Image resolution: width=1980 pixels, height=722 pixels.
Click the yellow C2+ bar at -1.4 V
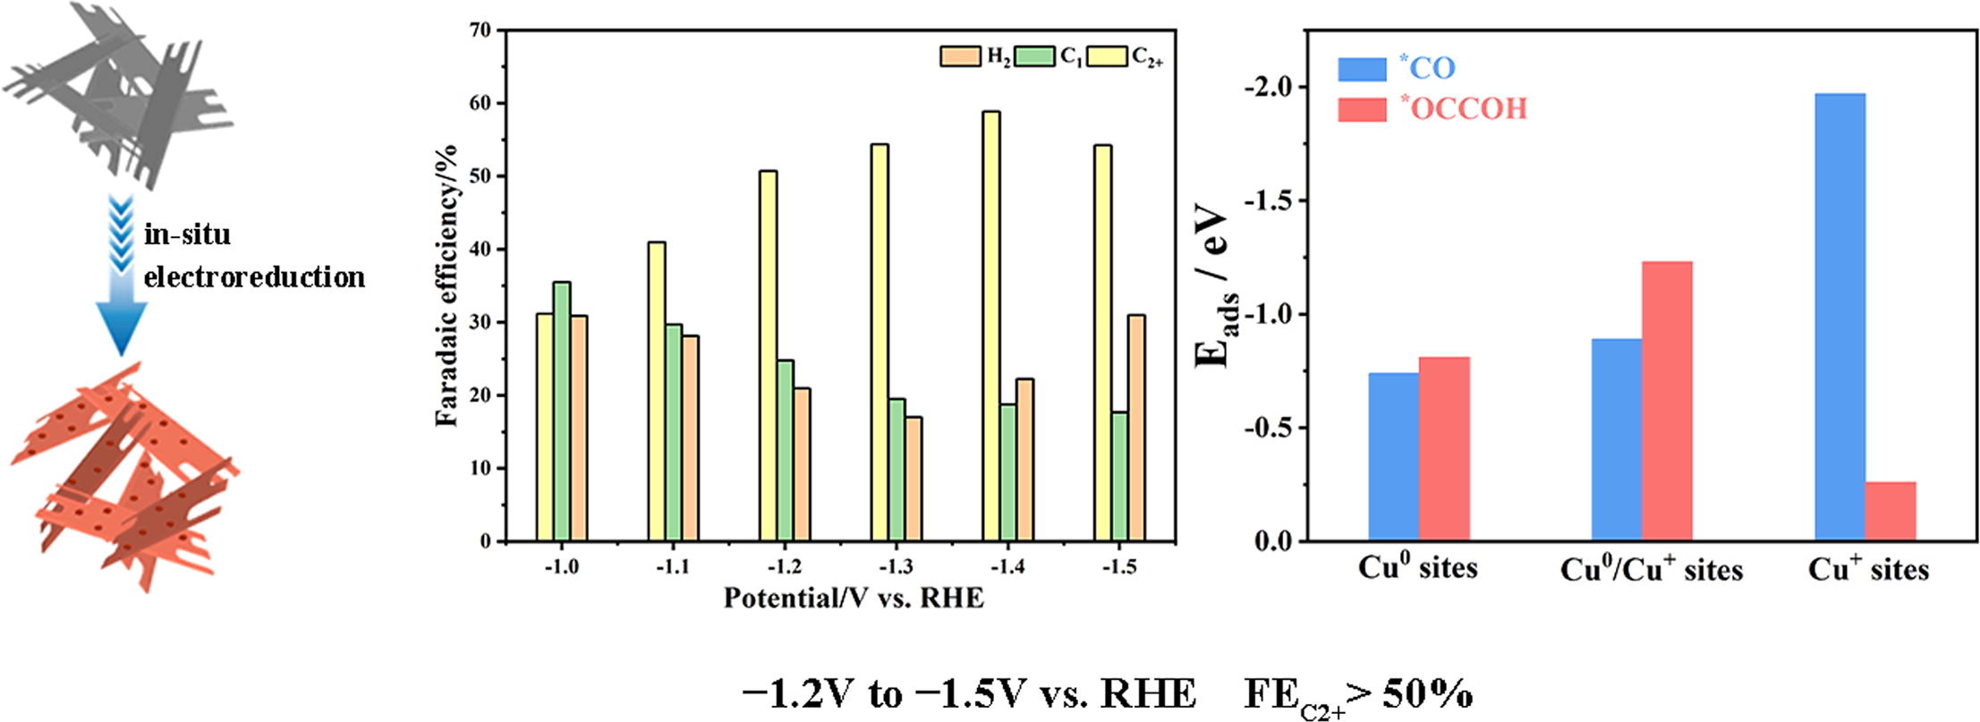[990, 327]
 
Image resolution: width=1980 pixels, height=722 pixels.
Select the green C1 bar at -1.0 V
[562, 412]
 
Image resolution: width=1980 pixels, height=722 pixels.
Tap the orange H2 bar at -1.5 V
[1136, 428]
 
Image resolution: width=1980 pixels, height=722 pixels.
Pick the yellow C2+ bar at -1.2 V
[768, 356]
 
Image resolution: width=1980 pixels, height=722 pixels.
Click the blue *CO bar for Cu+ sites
[1840, 317]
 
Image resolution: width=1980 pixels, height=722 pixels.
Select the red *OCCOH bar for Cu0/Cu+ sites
[1667, 401]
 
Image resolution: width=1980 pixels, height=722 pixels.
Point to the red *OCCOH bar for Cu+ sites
[1891, 511]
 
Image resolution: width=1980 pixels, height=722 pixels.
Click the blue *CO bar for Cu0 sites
[1393, 456]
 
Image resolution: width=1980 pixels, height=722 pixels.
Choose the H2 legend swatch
[960, 56]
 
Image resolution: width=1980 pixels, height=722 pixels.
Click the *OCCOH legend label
[1464, 109]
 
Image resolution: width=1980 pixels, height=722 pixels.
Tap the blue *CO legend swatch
[1362, 69]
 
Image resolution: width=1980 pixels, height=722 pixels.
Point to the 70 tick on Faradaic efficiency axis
[480, 30]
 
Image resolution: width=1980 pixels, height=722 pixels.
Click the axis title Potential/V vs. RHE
[853, 598]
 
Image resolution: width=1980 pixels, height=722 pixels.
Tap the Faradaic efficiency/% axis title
[446, 285]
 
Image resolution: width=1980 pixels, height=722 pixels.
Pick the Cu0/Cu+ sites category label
[1651, 570]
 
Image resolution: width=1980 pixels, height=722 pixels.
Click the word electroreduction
[254, 277]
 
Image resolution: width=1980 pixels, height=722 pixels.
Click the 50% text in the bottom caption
[1428, 693]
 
